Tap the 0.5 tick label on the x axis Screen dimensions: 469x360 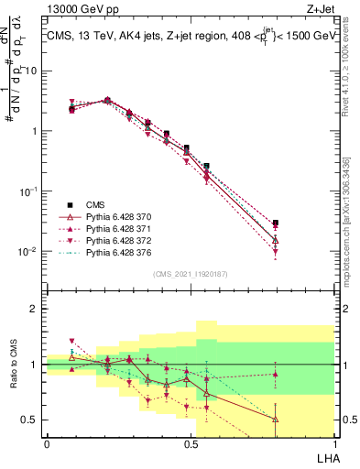190,443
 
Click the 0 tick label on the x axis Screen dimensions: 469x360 47,443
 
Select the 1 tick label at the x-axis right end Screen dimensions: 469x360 333,443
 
